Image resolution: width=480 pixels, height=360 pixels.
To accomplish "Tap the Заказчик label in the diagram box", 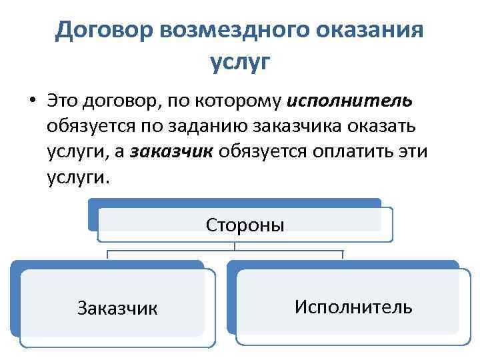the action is click(117, 308).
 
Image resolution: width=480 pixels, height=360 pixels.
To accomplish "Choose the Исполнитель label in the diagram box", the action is click(353, 307).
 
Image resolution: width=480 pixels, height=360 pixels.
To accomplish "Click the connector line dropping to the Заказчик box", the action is click(108, 255).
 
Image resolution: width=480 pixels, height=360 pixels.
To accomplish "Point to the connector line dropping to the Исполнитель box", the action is click(343, 255).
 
